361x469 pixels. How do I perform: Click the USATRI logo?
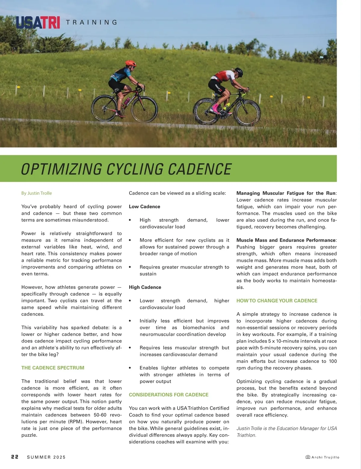coord(38,22)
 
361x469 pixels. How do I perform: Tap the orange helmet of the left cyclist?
coord(131,63)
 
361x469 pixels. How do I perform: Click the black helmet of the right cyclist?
coord(238,72)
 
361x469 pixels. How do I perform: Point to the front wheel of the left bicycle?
coord(145,109)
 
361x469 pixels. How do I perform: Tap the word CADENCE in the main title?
coord(199,169)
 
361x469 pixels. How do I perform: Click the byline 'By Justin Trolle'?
coord(36,193)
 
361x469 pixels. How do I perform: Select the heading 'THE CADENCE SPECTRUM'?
coord(53,368)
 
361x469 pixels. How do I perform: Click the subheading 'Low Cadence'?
coord(144,206)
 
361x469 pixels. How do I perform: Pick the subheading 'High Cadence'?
coord(145,287)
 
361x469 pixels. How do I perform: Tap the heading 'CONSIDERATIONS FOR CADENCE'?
coord(168,395)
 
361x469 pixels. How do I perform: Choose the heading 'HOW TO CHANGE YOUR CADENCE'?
coord(277,301)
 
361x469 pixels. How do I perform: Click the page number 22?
coord(15,457)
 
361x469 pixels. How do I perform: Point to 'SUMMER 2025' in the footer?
coord(46,457)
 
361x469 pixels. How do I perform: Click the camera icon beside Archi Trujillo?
coord(308,457)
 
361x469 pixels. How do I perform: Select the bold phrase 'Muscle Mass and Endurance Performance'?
coord(286,240)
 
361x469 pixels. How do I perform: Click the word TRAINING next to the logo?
coord(91,22)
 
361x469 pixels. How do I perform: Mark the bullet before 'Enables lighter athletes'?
coord(130,368)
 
